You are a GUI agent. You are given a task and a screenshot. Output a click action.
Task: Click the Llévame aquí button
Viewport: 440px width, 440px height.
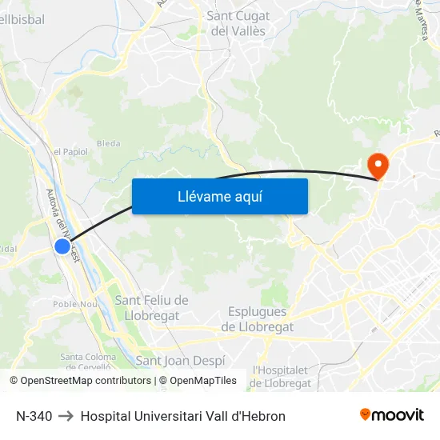219,196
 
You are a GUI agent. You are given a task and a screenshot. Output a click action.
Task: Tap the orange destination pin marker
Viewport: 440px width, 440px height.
378,166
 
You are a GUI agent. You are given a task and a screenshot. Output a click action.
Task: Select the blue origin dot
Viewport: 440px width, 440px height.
62,246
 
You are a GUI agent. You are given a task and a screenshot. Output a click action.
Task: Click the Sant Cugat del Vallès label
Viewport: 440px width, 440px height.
238,23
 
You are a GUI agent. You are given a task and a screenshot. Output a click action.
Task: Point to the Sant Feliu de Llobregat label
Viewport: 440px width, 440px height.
151,307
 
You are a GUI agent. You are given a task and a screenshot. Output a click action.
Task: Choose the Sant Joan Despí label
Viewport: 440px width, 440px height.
181,361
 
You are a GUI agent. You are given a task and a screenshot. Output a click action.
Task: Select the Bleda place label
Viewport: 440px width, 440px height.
108,144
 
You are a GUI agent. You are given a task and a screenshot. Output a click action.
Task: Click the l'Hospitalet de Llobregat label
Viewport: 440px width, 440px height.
282,376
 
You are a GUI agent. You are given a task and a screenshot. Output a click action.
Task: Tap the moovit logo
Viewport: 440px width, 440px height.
392,415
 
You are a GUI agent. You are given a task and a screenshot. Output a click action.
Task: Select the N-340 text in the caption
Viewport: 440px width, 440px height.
34,416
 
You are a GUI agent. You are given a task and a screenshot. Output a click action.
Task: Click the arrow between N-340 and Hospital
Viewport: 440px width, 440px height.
66,416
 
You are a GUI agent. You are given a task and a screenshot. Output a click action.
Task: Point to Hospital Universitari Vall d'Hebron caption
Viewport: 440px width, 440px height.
182,416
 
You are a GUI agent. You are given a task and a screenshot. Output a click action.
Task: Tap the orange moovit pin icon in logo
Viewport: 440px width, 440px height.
366,414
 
